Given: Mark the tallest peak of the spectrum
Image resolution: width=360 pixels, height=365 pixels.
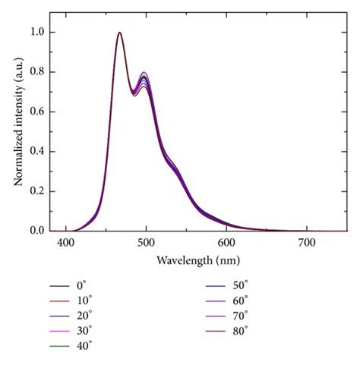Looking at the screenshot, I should [x=120, y=33].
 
